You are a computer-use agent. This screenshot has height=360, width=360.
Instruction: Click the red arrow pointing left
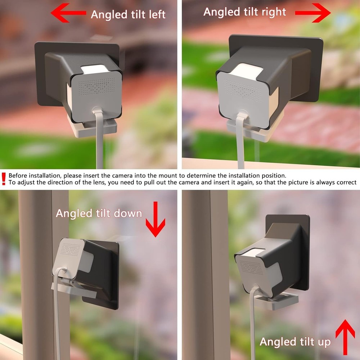point(68,13)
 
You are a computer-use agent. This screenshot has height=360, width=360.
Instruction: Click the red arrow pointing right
point(312,13)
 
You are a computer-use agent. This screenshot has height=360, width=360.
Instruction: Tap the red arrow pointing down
point(156,219)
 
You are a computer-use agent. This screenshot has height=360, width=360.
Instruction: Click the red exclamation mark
point(4,179)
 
